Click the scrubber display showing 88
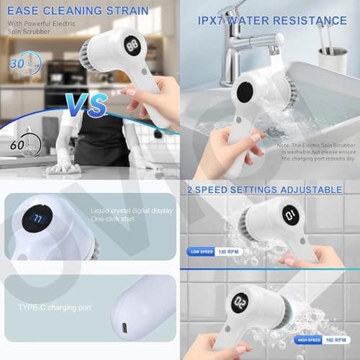pos(132,45)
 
